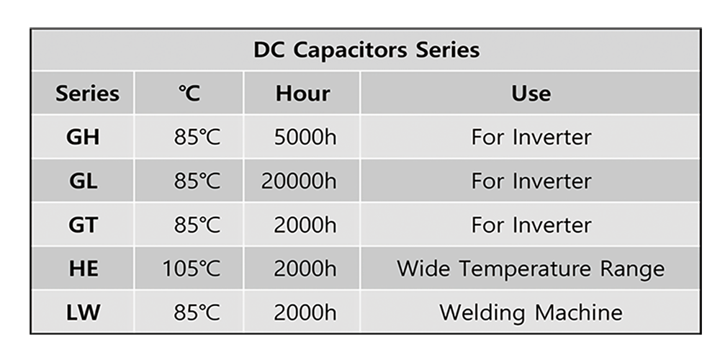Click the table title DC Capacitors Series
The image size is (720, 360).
point(366,50)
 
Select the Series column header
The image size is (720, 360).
point(87,93)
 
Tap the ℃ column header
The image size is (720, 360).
point(189,93)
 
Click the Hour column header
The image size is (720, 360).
point(302,93)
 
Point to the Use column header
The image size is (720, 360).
point(531,93)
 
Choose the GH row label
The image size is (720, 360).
point(83,137)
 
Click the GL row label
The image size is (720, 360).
point(83,181)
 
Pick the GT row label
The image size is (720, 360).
point(83,225)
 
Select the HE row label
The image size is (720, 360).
point(83,269)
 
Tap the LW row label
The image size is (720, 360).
point(83,312)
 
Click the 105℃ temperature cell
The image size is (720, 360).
point(192,269)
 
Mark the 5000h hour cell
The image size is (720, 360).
point(305,137)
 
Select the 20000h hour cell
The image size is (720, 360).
point(299,181)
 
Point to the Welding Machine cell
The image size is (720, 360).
point(531,313)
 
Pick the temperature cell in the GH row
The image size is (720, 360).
point(197,137)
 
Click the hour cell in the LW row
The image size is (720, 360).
point(305,312)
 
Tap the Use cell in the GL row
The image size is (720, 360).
point(531,181)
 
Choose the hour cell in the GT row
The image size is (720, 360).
point(305,225)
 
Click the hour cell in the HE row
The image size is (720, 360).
point(305,269)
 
